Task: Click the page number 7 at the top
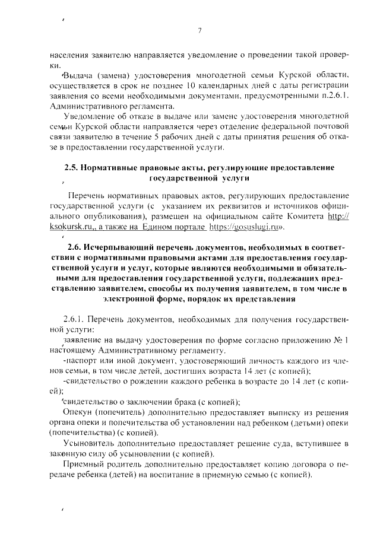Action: pos(199,31)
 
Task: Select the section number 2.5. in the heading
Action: pos(72,168)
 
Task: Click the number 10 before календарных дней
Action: pos(191,87)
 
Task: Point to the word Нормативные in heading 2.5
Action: pos(112,168)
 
